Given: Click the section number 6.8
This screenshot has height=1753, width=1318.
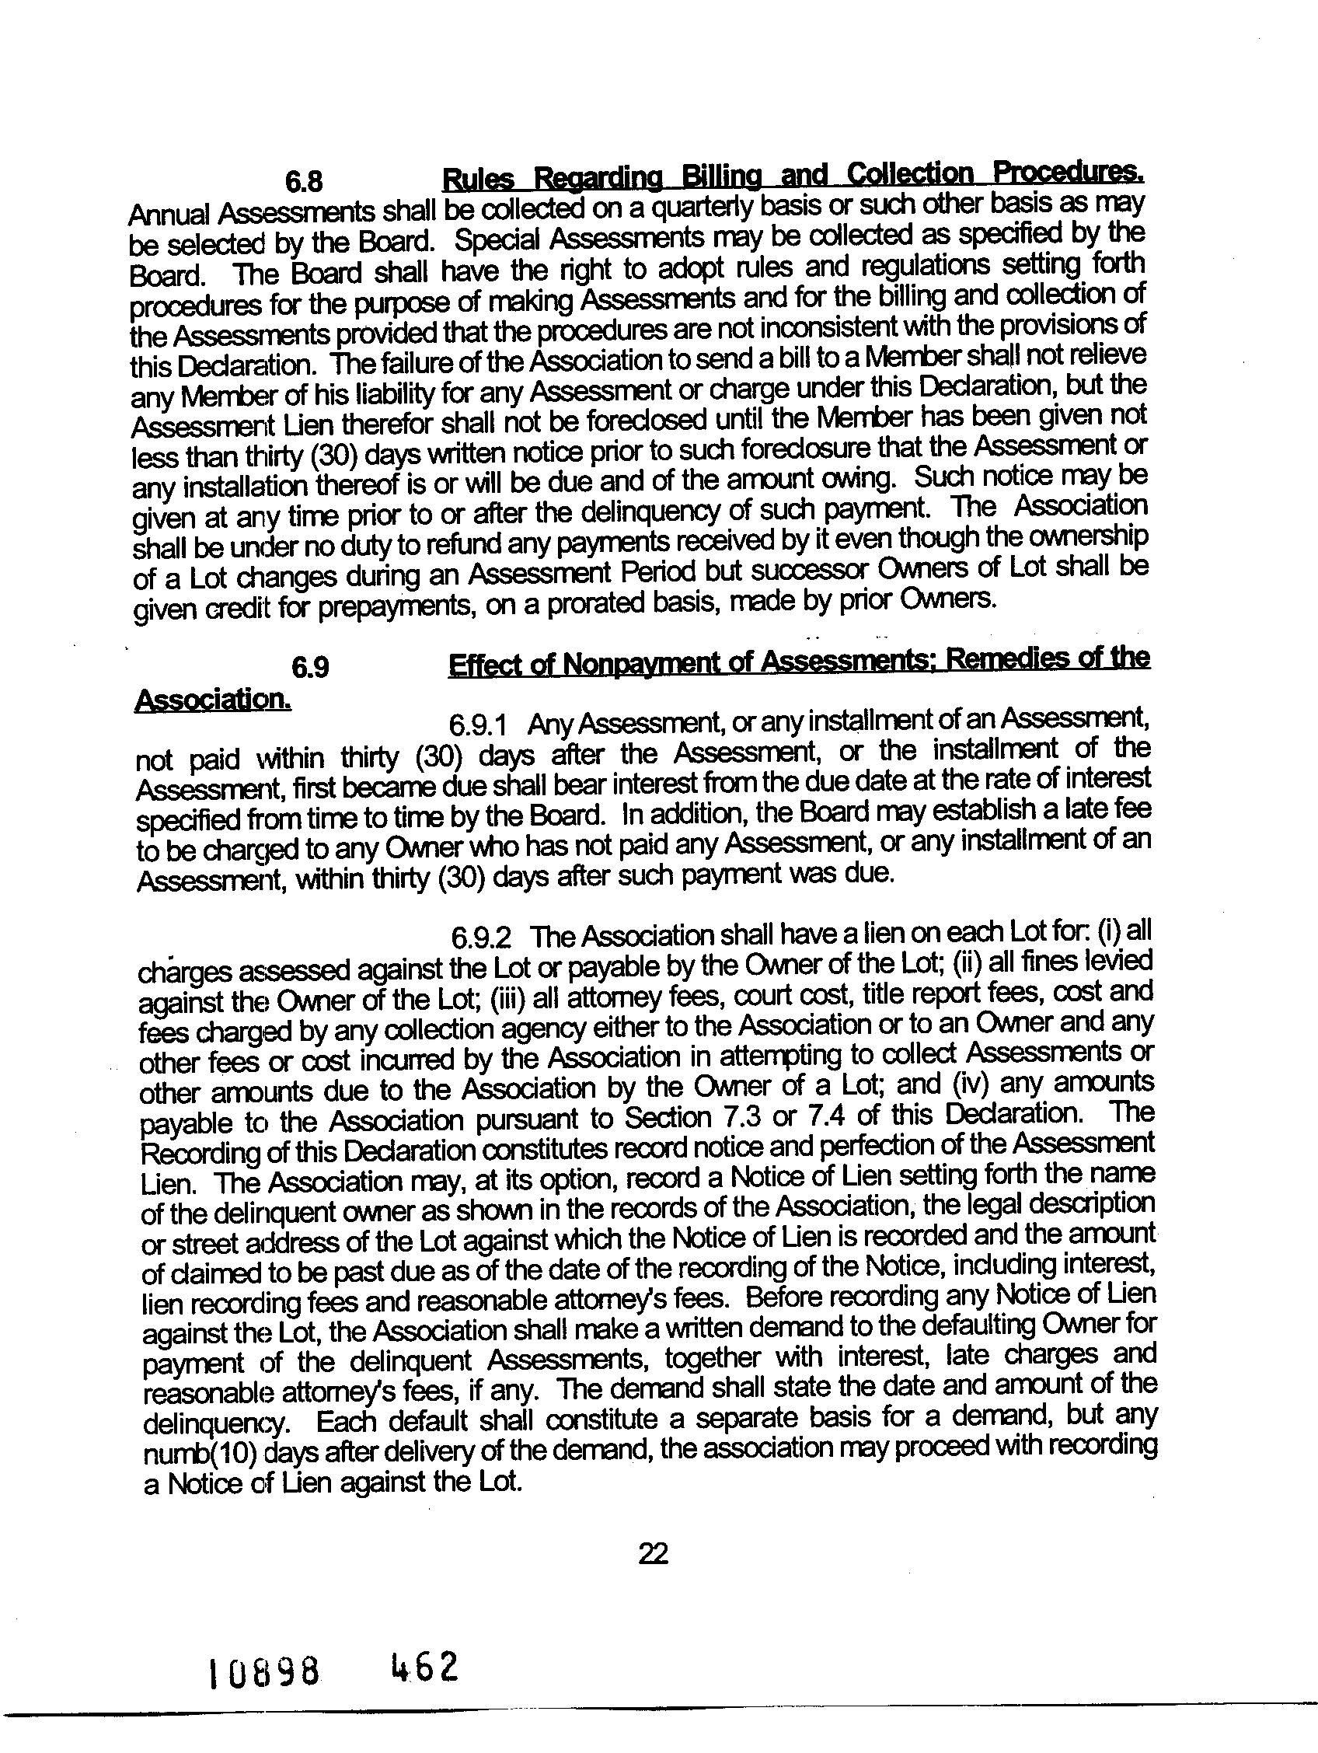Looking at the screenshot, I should pyautogui.click(x=304, y=181).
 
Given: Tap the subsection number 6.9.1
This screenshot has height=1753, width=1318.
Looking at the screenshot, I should pyautogui.click(x=478, y=725).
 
